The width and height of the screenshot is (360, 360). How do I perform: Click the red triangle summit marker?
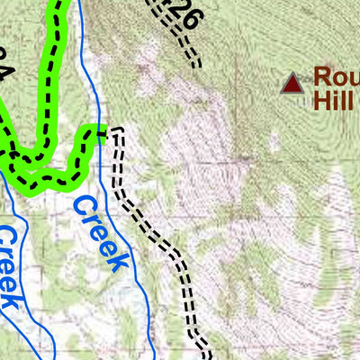coord(291,84)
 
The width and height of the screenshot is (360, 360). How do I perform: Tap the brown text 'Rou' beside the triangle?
coord(336,78)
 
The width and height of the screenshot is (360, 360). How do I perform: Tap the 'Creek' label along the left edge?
coord(8,266)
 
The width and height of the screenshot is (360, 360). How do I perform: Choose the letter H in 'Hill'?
coord(321,100)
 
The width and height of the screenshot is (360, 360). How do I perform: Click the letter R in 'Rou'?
coord(323,78)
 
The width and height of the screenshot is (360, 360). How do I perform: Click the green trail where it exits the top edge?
coord(58,4)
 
